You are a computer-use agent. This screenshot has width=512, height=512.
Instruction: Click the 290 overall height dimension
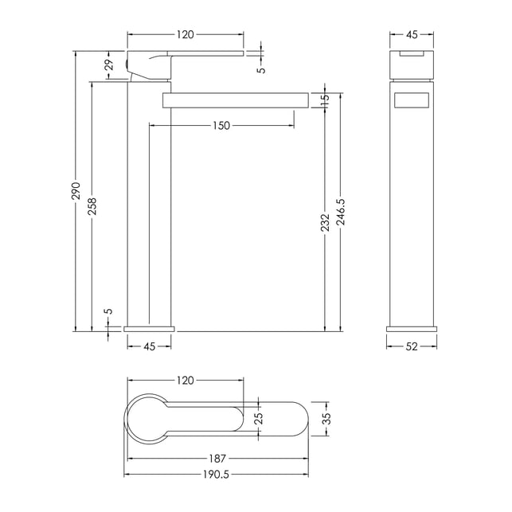tap(76, 190)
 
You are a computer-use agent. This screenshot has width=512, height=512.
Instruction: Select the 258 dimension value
tap(92, 206)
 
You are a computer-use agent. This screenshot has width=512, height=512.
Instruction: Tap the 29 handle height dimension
tap(110, 64)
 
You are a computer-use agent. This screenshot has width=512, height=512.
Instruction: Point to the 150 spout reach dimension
tap(221, 125)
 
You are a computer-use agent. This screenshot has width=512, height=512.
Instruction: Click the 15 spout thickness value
tap(325, 100)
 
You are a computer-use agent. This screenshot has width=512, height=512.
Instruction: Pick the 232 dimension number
tap(325, 223)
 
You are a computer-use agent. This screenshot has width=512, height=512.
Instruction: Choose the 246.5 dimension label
tap(341, 212)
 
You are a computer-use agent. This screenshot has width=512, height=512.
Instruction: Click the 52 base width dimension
tap(412, 346)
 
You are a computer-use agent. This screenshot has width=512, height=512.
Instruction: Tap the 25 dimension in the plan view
tap(258, 418)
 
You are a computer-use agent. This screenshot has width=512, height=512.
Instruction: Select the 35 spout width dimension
tap(327, 418)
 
